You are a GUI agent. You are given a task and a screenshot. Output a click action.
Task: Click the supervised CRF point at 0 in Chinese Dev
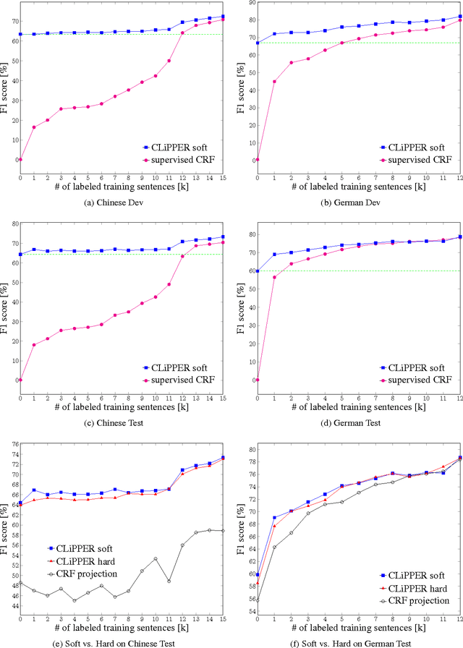point(20,160)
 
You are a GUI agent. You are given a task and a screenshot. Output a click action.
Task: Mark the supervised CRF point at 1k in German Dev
point(274,82)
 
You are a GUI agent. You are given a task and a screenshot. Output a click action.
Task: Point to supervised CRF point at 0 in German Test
point(258,380)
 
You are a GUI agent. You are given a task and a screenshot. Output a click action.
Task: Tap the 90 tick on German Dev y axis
point(250,4)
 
